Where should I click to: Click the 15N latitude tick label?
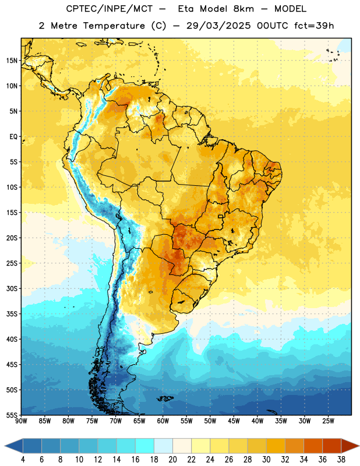point(12,61)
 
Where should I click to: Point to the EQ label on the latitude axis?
point(13,137)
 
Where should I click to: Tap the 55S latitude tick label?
point(12,415)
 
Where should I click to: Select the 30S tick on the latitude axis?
point(12,288)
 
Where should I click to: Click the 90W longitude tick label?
point(21,421)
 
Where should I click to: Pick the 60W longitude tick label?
point(163,421)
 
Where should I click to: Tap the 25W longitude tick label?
point(328,421)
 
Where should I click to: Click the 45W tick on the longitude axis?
point(234,421)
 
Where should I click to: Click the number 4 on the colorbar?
point(23,460)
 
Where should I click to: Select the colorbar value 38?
point(341,460)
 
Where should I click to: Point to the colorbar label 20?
point(172,460)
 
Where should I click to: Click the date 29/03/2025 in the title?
point(218,26)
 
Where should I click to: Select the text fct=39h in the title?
point(314,26)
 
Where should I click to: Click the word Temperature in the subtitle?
point(114,26)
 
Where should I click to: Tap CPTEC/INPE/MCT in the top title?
point(109,9)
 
